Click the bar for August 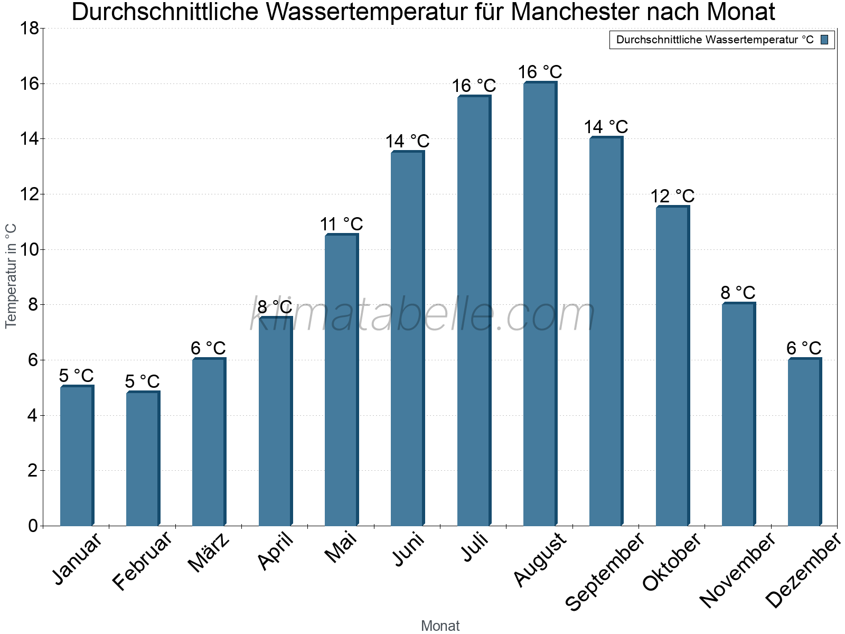point(540,304)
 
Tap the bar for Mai point(341,380)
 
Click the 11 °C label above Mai point(341,224)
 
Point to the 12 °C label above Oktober point(672,197)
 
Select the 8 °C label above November point(738,293)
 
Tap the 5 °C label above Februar point(143,381)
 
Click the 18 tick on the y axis point(29,29)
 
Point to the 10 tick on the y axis point(29,249)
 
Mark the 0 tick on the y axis point(33,526)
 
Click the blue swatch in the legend point(824,40)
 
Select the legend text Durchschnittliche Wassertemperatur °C point(715,40)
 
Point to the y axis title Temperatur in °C point(11,276)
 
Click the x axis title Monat point(440,626)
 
